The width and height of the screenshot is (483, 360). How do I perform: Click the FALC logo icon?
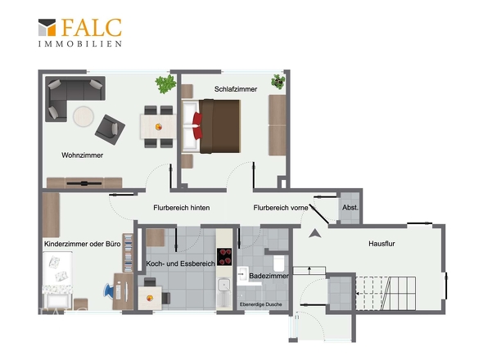coord(47,27)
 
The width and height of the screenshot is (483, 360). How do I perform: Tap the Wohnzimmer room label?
coord(82,155)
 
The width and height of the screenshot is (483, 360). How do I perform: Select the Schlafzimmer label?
coord(236,89)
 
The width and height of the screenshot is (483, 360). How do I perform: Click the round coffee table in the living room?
coord(84,116)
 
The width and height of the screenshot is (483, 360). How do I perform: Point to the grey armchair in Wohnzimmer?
coord(110,129)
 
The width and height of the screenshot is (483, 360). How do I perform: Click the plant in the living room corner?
coord(165,83)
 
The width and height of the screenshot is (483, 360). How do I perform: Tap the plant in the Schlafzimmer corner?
coord(278,82)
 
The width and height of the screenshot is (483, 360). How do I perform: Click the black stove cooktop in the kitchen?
coord(224,257)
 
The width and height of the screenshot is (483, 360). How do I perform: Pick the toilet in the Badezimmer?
coord(279,263)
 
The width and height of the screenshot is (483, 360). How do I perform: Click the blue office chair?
coord(109,291)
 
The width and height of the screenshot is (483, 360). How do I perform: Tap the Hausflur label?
coord(381,244)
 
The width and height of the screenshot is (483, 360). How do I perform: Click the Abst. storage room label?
coord(350,208)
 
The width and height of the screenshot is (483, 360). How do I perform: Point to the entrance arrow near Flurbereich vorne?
coord(315,233)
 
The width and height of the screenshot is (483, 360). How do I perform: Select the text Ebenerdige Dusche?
coord(260,304)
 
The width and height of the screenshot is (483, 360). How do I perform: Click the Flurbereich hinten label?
coord(182,208)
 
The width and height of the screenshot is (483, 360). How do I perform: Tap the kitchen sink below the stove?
coord(224,285)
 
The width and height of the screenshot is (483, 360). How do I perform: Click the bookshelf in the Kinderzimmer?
coord(129,253)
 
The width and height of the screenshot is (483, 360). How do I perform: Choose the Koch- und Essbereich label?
coord(180,263)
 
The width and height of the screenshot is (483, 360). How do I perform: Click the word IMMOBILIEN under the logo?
coord(80,43)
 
